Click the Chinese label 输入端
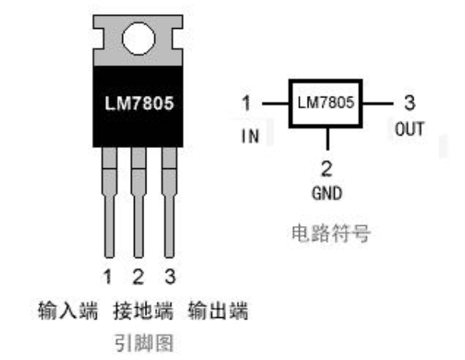(x=69, y=312)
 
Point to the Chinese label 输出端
(x=218, y=312)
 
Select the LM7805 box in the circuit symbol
(x=326, y=103)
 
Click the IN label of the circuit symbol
(x=249, y=136)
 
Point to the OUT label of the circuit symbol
(x=409, y=129)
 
